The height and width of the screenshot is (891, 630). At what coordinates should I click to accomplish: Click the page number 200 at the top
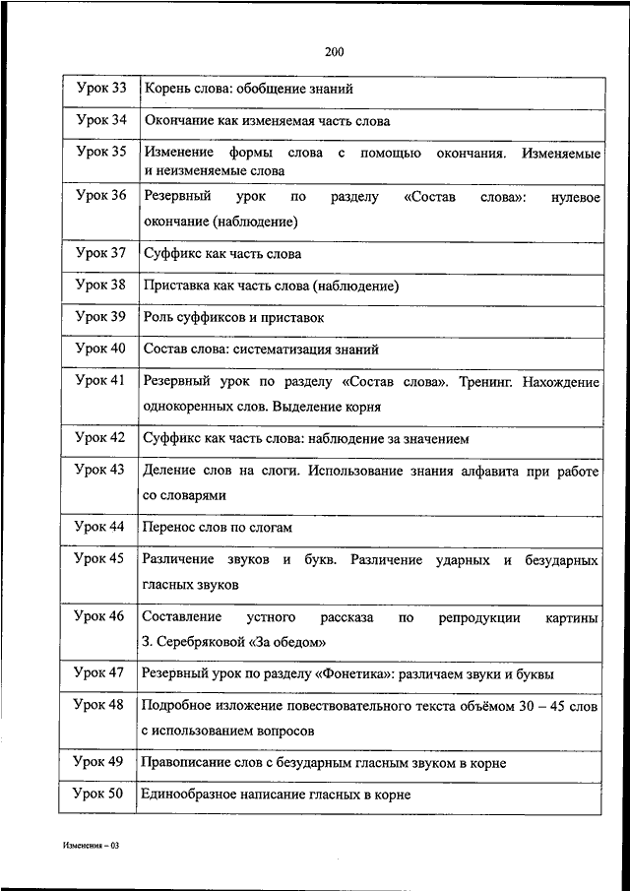[333, 52]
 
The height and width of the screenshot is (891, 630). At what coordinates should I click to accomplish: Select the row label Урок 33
[100, 89]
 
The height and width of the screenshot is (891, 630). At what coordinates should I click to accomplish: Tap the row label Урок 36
[100, 195]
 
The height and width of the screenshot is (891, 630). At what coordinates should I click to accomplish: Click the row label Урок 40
[100, 348]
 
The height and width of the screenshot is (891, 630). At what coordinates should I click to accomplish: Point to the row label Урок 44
[100, 527]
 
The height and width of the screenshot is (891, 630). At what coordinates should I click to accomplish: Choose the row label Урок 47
[100, 672]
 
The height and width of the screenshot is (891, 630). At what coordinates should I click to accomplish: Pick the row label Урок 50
[100, 793]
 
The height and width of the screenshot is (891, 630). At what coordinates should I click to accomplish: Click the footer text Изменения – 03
[90, 846]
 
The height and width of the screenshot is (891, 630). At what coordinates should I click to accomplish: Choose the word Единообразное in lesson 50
[188, 794]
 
